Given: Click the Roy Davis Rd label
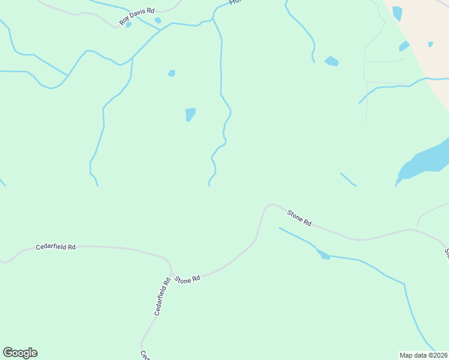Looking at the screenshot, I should (x=137, y=16).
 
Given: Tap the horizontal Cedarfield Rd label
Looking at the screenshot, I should (x=56, y=247).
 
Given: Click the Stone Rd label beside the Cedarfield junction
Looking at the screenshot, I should (x=187, y=280).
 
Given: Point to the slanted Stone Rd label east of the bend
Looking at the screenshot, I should (x=299, y=217).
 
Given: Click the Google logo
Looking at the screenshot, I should (x=20, y=353).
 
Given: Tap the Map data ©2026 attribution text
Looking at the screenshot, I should (x=423, y=355).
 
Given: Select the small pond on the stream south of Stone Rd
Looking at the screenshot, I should (x=325, y=256).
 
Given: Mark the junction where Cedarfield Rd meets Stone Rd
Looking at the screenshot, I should (x=172, y=274).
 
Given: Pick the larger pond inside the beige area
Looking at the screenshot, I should (x=397, y=13).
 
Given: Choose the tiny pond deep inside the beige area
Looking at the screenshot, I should (x=430, y=44).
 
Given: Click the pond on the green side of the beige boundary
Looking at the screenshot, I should (x=404, y=46).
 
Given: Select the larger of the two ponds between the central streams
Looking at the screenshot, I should (x=190, y=114).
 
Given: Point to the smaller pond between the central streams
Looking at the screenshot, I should (x=172, y=73).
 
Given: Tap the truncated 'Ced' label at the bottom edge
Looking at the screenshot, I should (x=145, y=355).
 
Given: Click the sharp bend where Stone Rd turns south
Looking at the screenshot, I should (x=268, y=205).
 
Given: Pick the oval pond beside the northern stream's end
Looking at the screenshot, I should (x=331, y=61).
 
